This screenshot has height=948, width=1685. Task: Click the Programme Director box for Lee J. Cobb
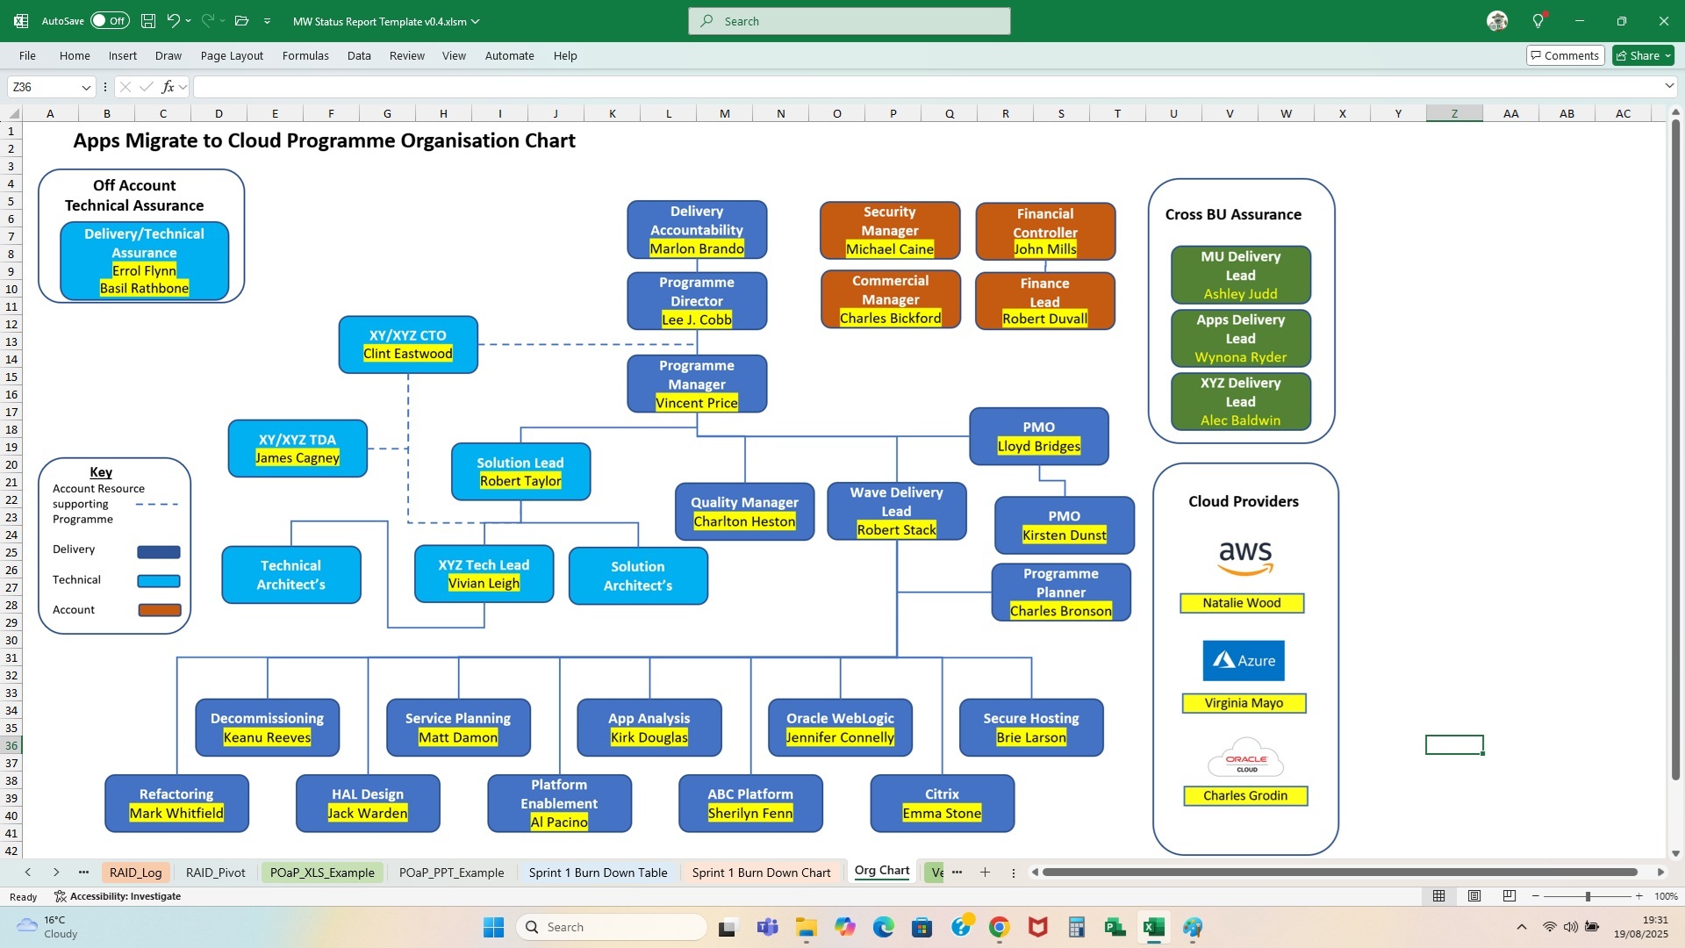(697, 300)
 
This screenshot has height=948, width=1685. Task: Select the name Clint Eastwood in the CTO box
(408, 354)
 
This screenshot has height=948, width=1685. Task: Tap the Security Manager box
(889, 230)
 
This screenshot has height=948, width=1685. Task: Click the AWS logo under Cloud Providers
(1244, 557)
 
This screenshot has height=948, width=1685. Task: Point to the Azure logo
(1244, 661)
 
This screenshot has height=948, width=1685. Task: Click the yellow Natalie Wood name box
(1242, 603)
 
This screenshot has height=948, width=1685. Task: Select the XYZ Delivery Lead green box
(1240, 401)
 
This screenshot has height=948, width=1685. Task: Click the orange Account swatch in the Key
(160, 610)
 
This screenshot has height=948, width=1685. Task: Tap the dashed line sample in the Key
(158, 505)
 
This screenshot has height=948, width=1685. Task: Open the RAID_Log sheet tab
(135, 873)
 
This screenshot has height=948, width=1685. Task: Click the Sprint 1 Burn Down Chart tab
(761, 873)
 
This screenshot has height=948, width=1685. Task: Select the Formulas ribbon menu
(305, 55)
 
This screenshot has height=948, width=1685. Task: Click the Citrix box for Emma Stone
(942, 802)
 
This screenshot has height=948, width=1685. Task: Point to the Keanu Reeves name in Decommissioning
(267, 737)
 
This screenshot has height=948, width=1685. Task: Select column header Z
(1454, 113)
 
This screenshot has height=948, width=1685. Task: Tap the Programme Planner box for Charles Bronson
(1060, 592)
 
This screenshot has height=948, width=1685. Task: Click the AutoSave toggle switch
(111, 21)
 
